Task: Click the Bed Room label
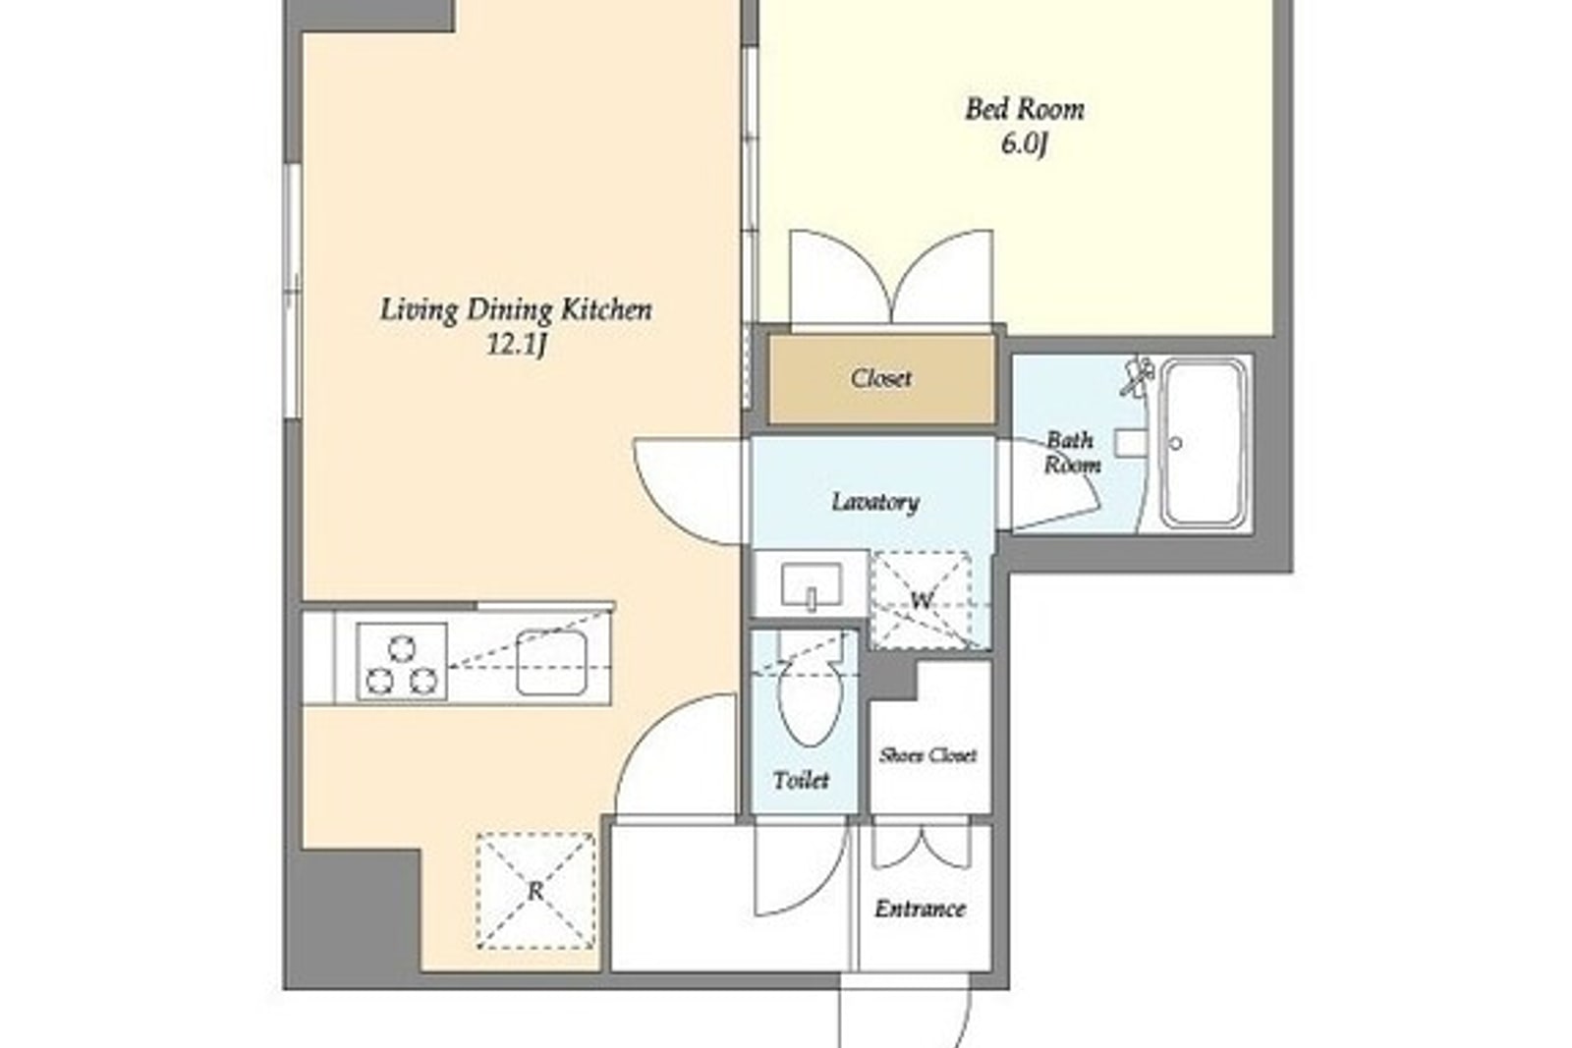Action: click(x=1025, y=110)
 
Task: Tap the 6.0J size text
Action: click(x=1025, y=145)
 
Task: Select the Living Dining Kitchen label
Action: click(x=516, y=310)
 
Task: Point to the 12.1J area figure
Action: click(x=517, y=345)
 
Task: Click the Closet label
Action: click(x=880, y=379)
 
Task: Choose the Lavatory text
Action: click(x=875, y=502)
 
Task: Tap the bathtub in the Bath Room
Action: click(x=1203, y=443)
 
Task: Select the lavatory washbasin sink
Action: click(x=812, y=585)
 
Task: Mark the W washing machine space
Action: click(x=922, y=600)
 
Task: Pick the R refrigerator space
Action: click(x=535, y=891)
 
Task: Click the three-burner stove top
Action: click(x=402, y=661)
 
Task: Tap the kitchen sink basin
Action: click(x=551, y=663)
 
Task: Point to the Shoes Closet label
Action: click(x=927, y=754)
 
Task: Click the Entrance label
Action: click(x=920, y=910)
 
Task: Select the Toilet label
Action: click(x=801, y=780)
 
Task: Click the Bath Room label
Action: click(x=1072, y=453)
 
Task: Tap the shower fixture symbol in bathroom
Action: click(x=1138, y=376)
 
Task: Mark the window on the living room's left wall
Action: click(x=292, y=292)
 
